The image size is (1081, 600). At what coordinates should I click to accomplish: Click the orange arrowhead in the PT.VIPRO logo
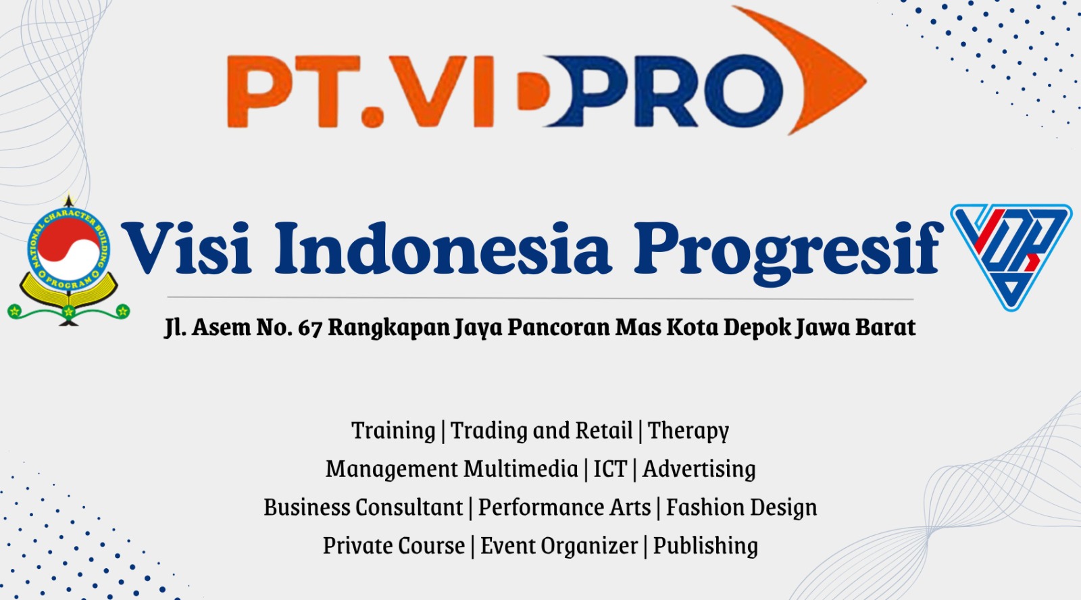(x=820, y=72)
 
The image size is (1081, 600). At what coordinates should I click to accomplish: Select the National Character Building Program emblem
(x=68, y=261)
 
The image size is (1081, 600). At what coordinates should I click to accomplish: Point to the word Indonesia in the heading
(x=443, y=248)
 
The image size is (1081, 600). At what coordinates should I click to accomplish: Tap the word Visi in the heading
(x=186, y=248)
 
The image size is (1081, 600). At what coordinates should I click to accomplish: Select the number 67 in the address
(x=309, y=328)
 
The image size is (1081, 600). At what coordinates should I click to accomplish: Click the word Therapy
(x=688, y=430)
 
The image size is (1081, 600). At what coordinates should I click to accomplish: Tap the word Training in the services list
(x=393, y=430)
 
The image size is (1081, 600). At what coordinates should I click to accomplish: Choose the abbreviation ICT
(x=610, y=469)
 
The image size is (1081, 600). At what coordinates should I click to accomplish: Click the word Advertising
(x=699, y=469)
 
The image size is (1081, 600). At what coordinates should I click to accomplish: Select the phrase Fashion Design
(x=741, y=507)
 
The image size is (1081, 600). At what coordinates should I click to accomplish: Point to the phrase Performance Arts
(x=564, y=507)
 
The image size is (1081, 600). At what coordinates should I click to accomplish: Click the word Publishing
(x=705, y=546)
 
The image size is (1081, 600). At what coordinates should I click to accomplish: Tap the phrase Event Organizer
(x=559, y=546)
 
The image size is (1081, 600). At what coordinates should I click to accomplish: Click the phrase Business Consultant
(x=363, y=507)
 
